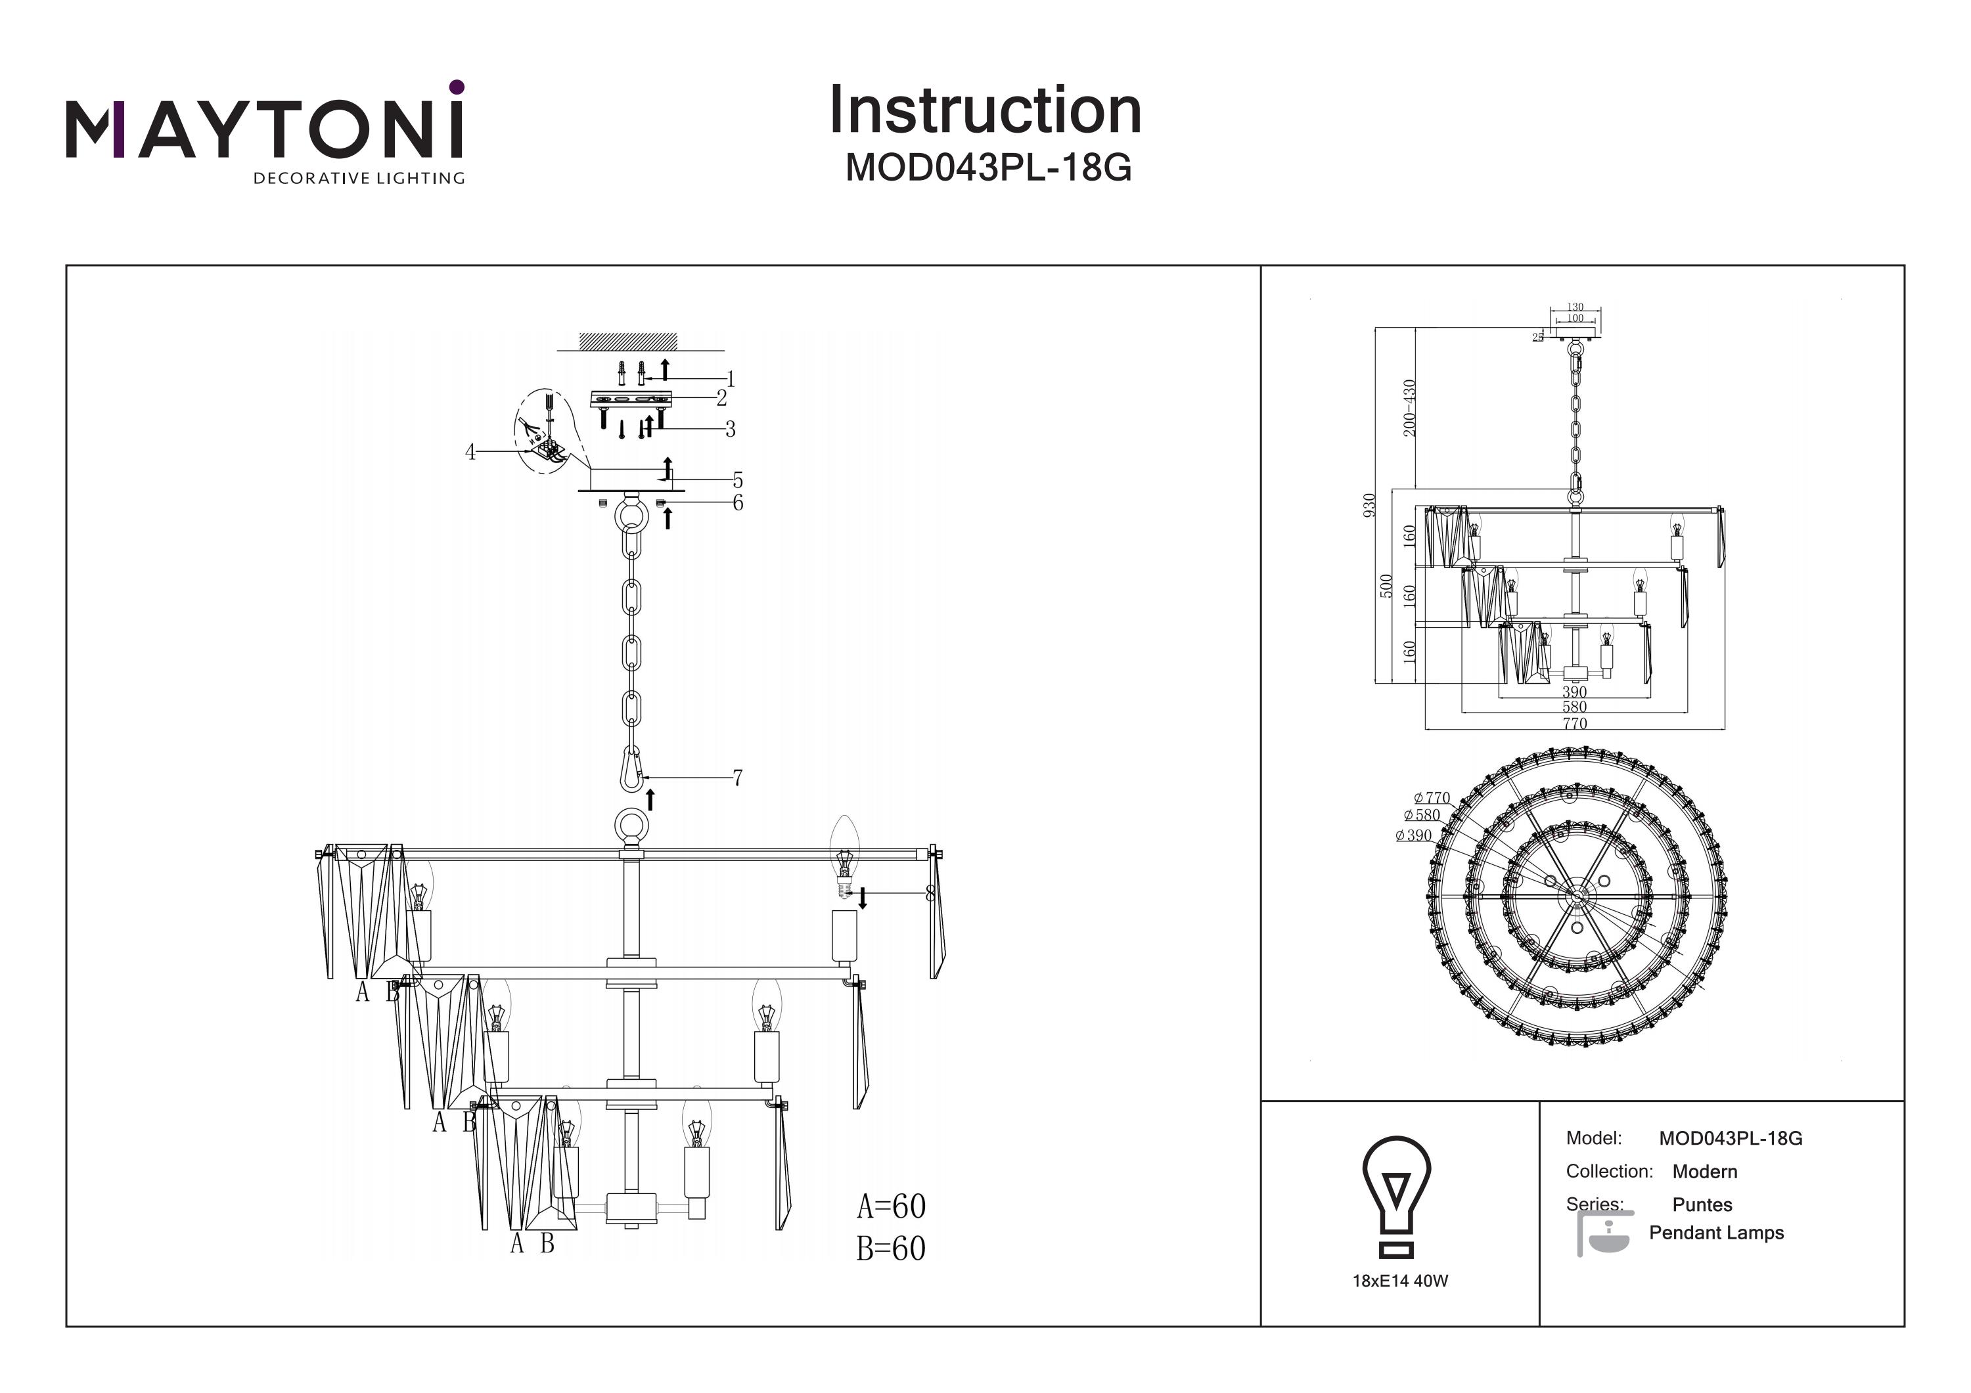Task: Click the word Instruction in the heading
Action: pyautogui.click(x=985, y=111)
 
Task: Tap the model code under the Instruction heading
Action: pyautogui.click(x=988, y=168)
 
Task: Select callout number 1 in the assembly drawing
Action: pyautogui.click(x=731, y=378)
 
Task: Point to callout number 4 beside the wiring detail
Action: pyautogui.click(x=470, y=453)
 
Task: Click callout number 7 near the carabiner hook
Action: pyautogui.click(x=737, y=778)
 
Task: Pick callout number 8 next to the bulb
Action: pyautogui.click(x=930, y=893)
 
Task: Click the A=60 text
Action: pyautogui.click(x=891, y=1206)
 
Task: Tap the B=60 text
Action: pyautogui.click(x=891, y=1248)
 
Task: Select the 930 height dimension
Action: pyautogui.click(x=1369, y=504)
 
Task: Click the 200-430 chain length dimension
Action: pyautogui.click(x=1409, y=408)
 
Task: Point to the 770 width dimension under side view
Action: pyautogui.click(x=1574, y=724)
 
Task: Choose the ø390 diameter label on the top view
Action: pyautogui.click(x=1413, y=835)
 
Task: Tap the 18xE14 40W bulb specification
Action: pyautogui.click(x=1400, y=1281)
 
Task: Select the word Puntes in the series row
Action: pyautogui.click(x=1702, y=1204)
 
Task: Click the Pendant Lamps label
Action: pyautogui.click(x=1716, y=1233)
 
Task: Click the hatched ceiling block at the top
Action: pyautogui.click(x=628, y=341)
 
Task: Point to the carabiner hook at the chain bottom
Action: pyautogui.click(x=632, y=769)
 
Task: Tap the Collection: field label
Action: pyautogui.click(x=1609, y=1171)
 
